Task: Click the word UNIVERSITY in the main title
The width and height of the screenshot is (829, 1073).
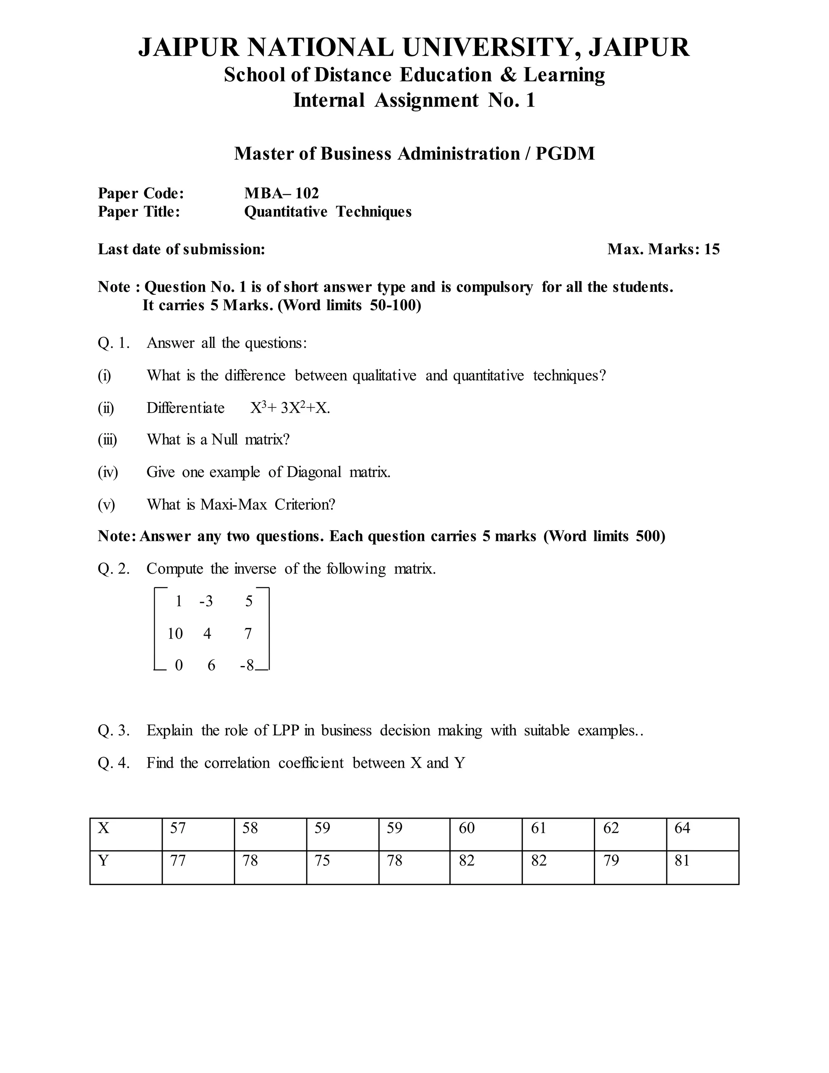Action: click(488, 48)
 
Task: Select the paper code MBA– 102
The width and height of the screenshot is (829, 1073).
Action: click(281, 193)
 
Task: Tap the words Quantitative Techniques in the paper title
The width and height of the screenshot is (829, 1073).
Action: click(327, 212)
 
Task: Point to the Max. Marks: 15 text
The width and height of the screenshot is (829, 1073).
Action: click(663, 249)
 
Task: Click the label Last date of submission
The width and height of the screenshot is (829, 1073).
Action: click(181, 249)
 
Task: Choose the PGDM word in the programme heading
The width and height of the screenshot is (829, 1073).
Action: click(565, 154)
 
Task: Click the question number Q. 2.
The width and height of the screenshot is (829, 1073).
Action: click(113, 569)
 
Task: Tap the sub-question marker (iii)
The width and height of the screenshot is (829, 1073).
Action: click(107, 439)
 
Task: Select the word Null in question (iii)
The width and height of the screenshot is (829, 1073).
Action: click(224, 439)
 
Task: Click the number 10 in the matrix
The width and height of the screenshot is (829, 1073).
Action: click(175, 634)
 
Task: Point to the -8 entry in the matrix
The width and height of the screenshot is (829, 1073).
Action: click(247, 665)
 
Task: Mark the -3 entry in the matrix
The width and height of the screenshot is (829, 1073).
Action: click(206, 601)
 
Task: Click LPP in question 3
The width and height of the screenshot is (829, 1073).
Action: click(286, 730)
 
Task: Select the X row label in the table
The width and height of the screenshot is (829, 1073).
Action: click(104, 828)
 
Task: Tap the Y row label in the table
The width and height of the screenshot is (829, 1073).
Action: click(103, 861)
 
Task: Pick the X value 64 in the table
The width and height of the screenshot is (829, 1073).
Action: click(682, 828)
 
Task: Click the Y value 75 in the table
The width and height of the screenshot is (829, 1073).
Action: click(322, 861)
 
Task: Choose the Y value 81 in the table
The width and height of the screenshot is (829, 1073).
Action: click(682, 861)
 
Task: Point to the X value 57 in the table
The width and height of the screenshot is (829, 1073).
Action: click(178, 828)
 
